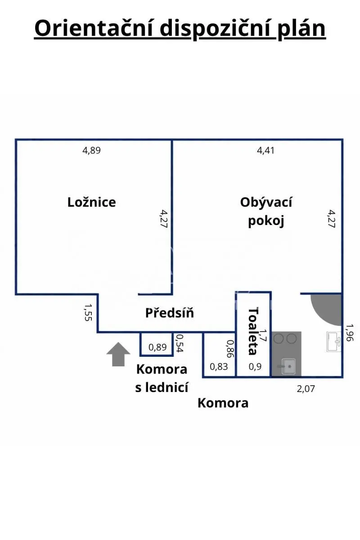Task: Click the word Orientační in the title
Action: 94,28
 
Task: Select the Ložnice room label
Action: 92,202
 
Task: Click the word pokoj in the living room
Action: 266,221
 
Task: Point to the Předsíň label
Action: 170,313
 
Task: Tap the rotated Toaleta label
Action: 253,331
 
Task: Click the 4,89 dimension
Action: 91,150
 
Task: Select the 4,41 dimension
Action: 265,150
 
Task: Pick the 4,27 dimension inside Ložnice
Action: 164,219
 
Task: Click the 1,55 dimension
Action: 88,312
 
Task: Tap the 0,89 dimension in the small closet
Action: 157,347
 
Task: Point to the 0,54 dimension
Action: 180,343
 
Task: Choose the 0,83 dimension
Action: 219,367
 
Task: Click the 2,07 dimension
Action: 306,389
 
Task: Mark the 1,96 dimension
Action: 349,333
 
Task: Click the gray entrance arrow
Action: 118,354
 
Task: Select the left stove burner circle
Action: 279,339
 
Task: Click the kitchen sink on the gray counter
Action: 288,366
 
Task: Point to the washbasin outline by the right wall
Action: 333,342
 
